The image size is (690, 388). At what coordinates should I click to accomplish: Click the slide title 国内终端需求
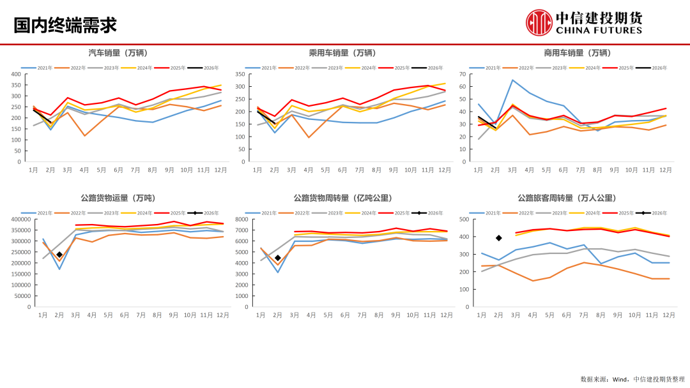(x=66, y=25)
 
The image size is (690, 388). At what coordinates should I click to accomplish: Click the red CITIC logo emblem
(x=539, y=22)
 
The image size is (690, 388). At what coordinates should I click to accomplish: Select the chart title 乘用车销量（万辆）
(x=342, y=53)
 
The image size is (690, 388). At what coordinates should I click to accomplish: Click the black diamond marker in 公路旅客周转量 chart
(x=498, y=238)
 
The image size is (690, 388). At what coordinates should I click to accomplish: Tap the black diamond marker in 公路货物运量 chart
(x=59, y=255)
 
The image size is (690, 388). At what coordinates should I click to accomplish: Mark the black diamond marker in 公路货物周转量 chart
(x=277, y=258)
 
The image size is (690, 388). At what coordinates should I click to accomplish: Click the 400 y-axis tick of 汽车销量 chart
(x=16, y=74)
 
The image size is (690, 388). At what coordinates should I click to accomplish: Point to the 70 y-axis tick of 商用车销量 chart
(x=463, y=74)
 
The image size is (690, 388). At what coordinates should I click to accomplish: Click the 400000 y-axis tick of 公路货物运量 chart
(x=18, y=220)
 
